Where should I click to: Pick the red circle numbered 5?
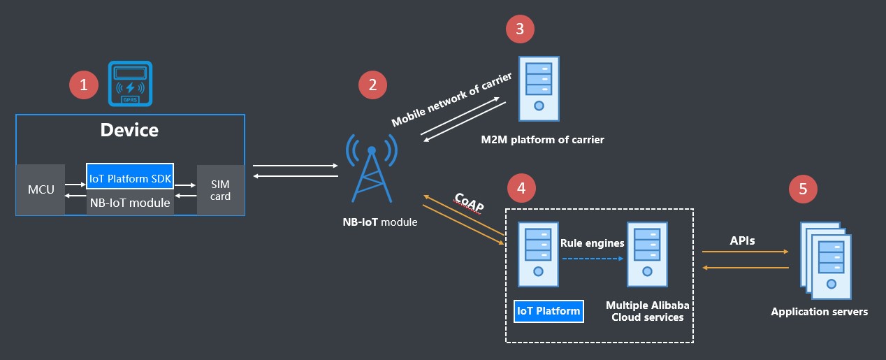pos(803,188)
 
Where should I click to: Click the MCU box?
pos(41,189)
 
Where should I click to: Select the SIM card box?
pos(220,189)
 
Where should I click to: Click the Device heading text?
pos(129,130)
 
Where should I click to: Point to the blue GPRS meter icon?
pos(131,83)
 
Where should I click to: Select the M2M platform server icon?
pos(539,89)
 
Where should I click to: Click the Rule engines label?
pos(592,243)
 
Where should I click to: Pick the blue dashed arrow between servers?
pos(592,258)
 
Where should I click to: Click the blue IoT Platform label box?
pos(549,311)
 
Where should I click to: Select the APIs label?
pos(742,240)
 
